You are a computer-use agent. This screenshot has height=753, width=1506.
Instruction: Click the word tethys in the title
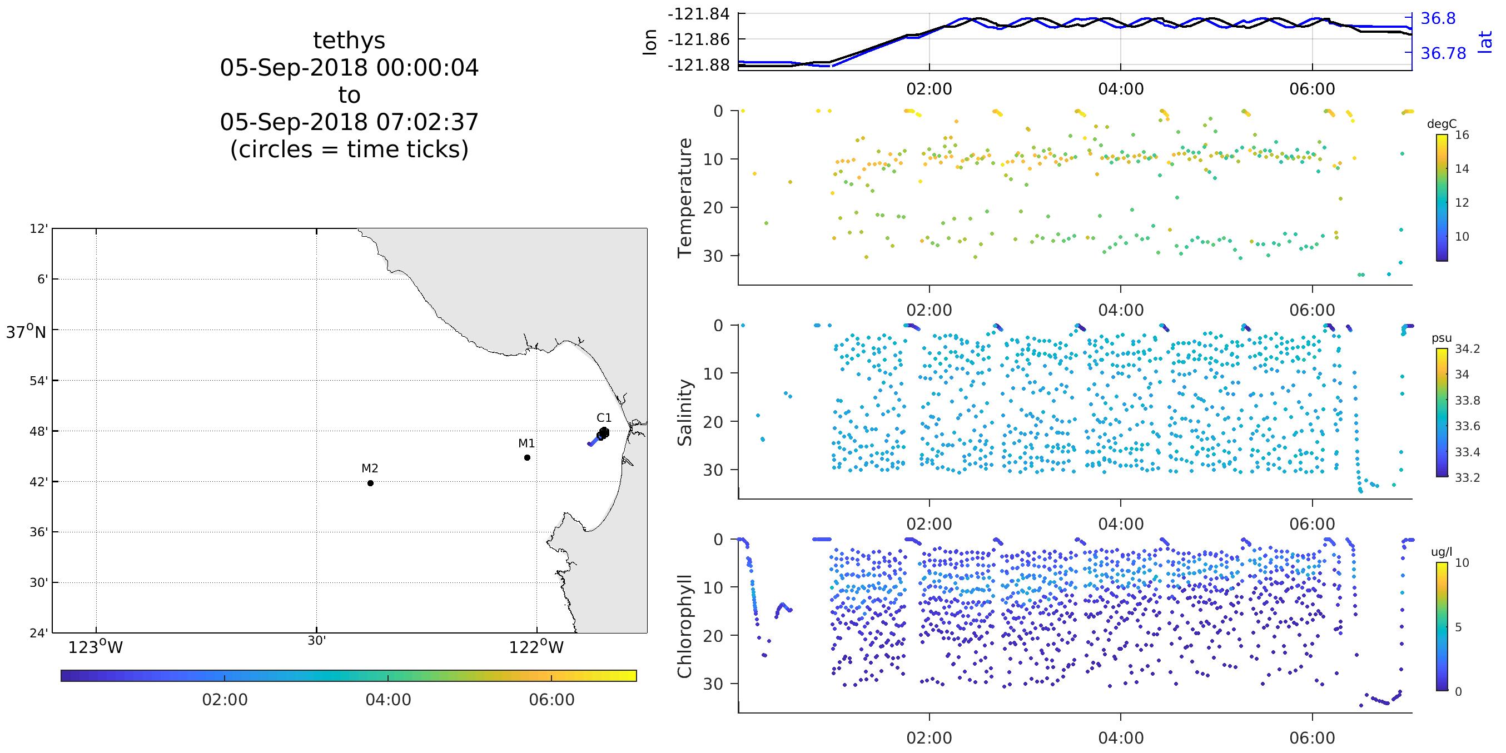(x=349, y=41)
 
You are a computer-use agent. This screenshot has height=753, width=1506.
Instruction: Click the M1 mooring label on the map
(x=526, y=443)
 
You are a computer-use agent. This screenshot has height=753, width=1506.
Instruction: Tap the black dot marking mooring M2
(x=370, y=483)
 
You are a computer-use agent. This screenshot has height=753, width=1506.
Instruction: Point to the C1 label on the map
(x=604, y=417)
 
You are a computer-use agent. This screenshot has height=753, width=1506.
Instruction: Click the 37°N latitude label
(x=26, y=333)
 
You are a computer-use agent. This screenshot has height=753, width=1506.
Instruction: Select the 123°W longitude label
(x=96, y=647)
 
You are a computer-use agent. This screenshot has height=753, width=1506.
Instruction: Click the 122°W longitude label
(x=536, y=647)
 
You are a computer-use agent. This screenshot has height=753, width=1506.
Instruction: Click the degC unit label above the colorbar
(x=1442, y=124)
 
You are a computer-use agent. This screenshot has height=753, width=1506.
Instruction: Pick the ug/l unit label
(x=1441, y=552)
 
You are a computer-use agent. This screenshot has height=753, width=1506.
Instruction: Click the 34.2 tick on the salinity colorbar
(x=1468, y=349)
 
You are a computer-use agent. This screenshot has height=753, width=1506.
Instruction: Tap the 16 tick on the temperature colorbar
(x=1462, y=135)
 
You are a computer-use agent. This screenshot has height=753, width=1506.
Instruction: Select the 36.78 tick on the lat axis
(x=1443, y=54)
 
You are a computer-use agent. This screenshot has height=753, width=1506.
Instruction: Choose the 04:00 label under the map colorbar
(x=388, y=699)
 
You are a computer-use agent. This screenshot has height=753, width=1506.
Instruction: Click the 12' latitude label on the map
(x=38, y=228)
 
